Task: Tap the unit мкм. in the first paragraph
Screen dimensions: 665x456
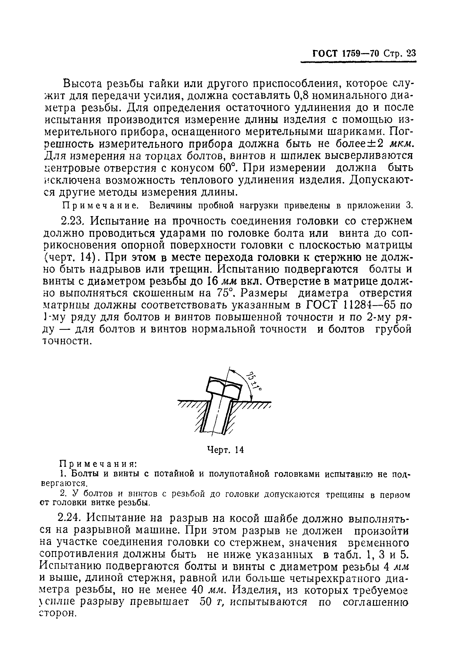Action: (401, 144)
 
